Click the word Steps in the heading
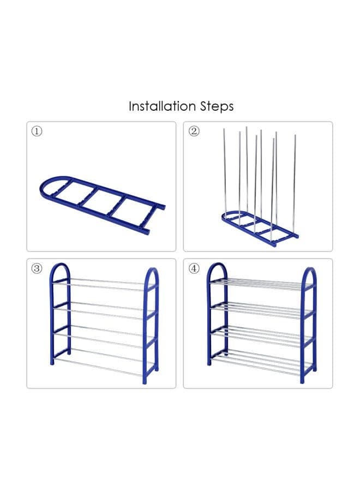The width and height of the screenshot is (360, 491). [x=217, y=106]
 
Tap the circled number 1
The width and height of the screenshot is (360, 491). [x=37, y=131]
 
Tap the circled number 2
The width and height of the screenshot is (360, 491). [x=194, y=131]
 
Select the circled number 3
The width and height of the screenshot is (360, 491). [x=37, y=268]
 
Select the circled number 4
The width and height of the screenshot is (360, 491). [x=194, y=268]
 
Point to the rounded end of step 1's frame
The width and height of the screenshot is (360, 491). [x=47, y=185]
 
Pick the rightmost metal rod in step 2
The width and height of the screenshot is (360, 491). [x=294, y=185]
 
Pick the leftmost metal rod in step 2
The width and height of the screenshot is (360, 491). [x=224, y=171]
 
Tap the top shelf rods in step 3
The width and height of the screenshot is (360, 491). [x=103, y=284]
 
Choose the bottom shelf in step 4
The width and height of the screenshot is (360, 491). [x=261, y=363]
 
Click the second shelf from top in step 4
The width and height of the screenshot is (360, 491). [x=261, y=310]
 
